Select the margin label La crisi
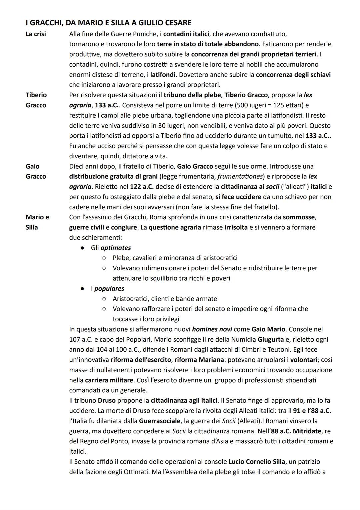tap(36, 34)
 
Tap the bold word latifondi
tap(163, 74)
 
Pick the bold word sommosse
tap(299, 217)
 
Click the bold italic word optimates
tap(116, 248)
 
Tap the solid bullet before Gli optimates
tap(82, 248)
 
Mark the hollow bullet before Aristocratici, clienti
tap(104, 299)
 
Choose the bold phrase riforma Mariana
tap(199, 360)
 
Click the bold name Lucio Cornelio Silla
tap(257, 462)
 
